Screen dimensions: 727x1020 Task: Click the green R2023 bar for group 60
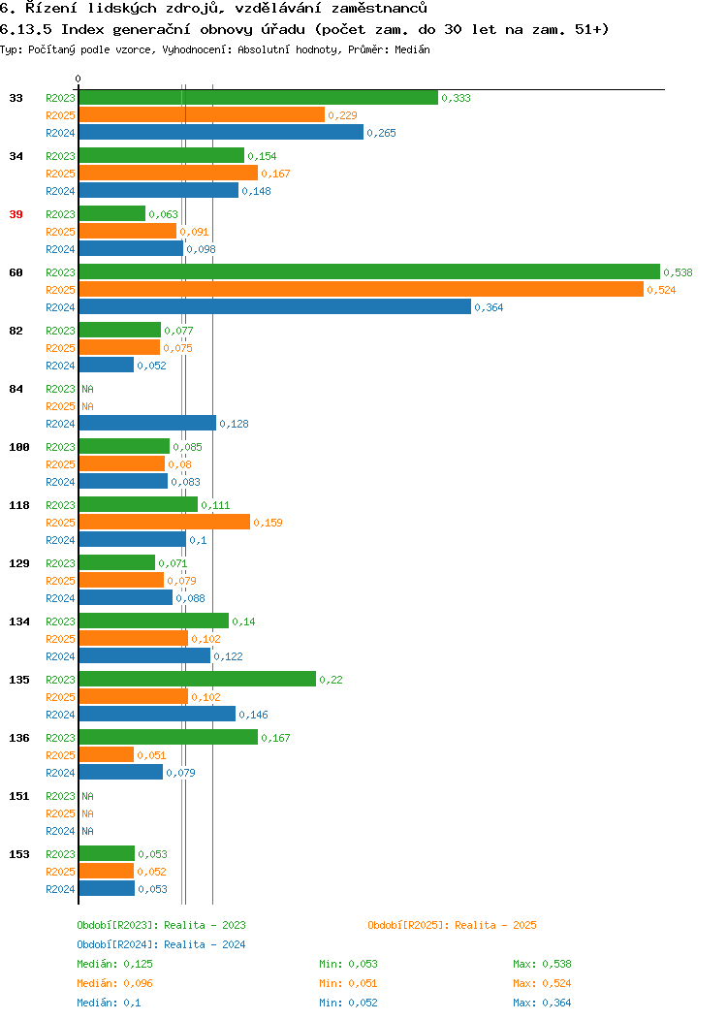(x=369, y=271)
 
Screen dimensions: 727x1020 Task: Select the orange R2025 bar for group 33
(x=202, y=115)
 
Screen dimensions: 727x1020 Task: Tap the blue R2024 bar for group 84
(x=147, y=424)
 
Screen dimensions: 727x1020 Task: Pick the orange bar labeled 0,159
(x=165, y=523)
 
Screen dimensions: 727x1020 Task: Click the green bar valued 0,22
(x=198, y=679)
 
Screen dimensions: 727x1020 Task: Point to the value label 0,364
(x=489, y=307)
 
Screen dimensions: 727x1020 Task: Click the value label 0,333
(x=456, y=98)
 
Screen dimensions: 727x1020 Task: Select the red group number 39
(x=16, y=214)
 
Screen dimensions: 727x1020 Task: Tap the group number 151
(x=18, y=796)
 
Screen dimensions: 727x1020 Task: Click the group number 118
(x=18, y=505)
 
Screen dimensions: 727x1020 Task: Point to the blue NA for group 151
(x=88, y=831)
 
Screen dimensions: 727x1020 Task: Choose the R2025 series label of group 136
(x=60, y=755)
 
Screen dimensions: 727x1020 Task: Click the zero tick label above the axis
(x=79, y=79)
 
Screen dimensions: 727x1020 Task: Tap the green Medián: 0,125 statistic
(x=115, y=964)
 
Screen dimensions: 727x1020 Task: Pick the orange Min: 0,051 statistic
(x=348, y=983)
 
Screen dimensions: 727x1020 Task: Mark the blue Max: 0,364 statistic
(x=542, y=1004)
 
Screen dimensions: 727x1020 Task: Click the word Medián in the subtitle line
(x=412, y=49)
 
